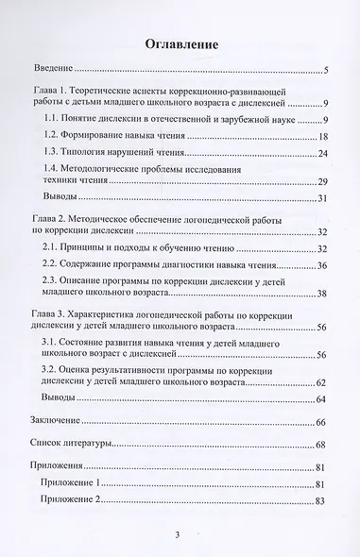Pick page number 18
pyautogui.click(x=321, y=138)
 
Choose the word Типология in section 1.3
pyautogui.click(x=122, y=151)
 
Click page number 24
pyautogui.click(x=321, y=152)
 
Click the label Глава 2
pyautogui.click(x=55, y=219)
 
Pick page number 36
pyautogui.click(x=321, y=266)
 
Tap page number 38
pyautogui.click(x=321, y=294)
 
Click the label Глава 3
pyautogui.click(x=55, y=312)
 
